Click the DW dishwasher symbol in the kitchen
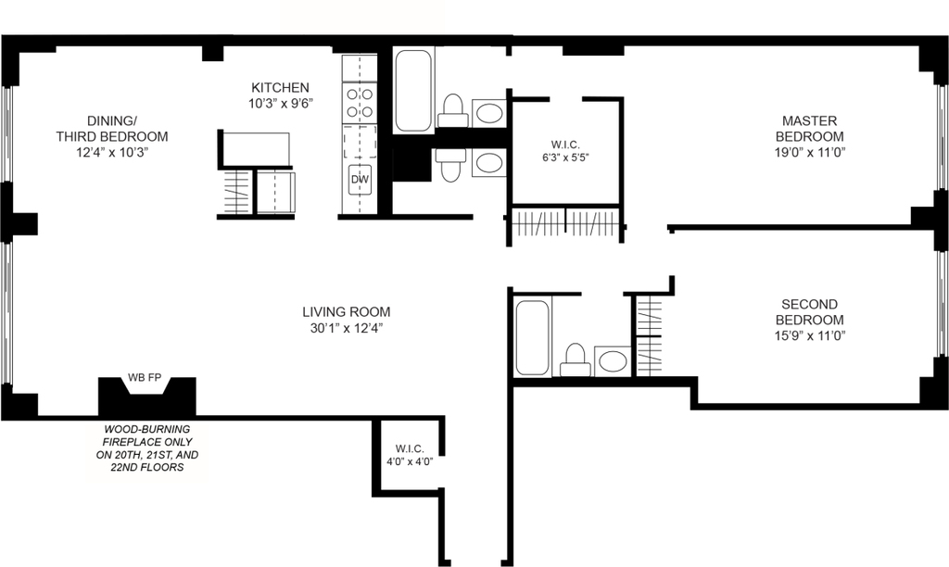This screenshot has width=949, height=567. pyautogui.click(x=360, y=179)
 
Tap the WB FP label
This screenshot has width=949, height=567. pyautogui.click(x=145, y=378)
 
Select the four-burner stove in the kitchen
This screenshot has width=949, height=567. pyautogui.click(x=360, y=102)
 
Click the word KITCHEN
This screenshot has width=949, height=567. pyautogui.click(x=280, y=87)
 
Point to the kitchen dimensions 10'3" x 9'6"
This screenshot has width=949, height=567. pyautogui.click(x=280, y=104)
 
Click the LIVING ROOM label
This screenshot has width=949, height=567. pyautogui.click(x=347, y=311)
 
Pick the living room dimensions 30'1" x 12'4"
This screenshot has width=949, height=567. pyautogui.click(x=347, y=328)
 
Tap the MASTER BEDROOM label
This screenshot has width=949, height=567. pyautogui.click(x=809, y=128)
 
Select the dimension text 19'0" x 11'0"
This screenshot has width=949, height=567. pyautogui.click(x=810, y=153)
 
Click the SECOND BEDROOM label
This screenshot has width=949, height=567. pyautogui.click(x=809, y=311)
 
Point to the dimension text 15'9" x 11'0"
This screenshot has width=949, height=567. pyautogui.click(x=810, y=335)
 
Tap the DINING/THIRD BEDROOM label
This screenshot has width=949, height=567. pyautogui.click(x=112, y=128)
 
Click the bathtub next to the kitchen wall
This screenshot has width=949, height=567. pyautogui.click(x=413, y=90)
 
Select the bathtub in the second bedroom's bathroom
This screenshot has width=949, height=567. pyautogui.click(x=533, y=337)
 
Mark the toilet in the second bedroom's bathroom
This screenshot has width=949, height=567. pyautogui.click(x=575, y=360)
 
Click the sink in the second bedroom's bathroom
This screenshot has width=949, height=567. pyautogui.click(x=612, y=361)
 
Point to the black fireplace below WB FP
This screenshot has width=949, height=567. pyautogui.click(x=147, y=397)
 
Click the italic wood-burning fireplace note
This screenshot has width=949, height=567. pyautogui.click(x=147, y=447)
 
